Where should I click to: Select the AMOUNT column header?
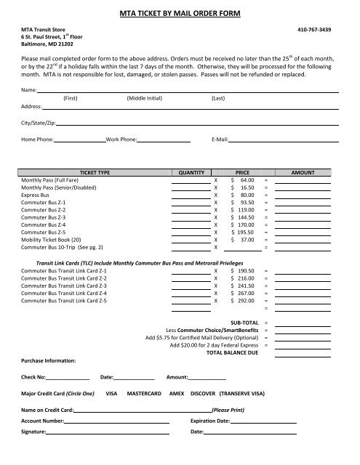click(x=303, y=174)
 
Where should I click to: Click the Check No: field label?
click(x=34, y=377)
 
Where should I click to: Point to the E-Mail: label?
click(x=220, y=138)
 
